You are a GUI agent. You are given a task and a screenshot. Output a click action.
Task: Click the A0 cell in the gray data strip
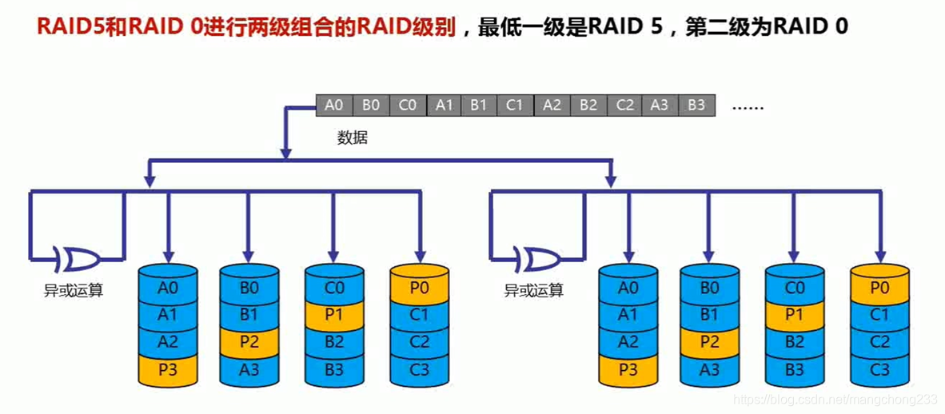pyautogui.click(x=334, y=105)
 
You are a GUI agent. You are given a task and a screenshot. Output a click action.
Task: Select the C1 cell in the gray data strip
pyautogui.click(x=516, y=105)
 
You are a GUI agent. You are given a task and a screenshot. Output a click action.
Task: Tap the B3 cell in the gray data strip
pyautogui.click(x=696, y=105)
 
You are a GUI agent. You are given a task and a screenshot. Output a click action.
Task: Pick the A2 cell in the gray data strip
pyautogui.click(x=552, y=105)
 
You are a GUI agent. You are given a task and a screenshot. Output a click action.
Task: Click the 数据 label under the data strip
pyautogui.click(x=353, y=137)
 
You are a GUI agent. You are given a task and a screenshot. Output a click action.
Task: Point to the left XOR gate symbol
pyautogui.click(x=77, y=259)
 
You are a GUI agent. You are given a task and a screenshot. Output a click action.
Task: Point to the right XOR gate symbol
pyautogui.click(x=538, y=259)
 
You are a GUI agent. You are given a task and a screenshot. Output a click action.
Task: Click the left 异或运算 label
pyautogui.click(x=74, y=290)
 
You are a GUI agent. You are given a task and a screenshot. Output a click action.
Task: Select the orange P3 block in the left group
pyautogui.click(x=168, y=369)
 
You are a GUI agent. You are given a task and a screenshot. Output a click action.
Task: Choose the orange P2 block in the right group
pyautogui.click(x=710, y=342)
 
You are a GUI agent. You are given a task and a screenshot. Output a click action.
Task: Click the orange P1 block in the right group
pyautogui.click(x=794, y=315)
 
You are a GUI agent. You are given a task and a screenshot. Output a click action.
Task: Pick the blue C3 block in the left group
pyautogui.click(x=419, y=369)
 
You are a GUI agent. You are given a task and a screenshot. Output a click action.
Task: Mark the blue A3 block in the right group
pyautogui.click(x=710, y=369)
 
